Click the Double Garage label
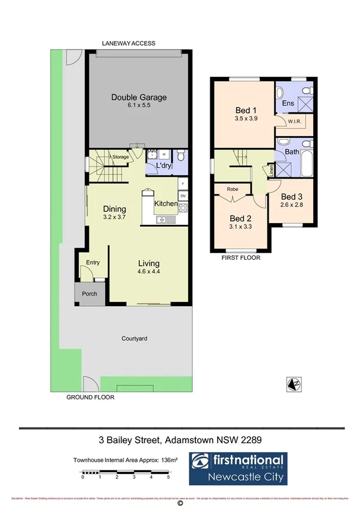pos(139,97)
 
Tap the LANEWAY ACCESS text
pos(129,43)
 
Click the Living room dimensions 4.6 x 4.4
pos(149,271)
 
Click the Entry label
pos(93,262)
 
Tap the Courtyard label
pos(134,339)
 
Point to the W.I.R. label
pos(294,121)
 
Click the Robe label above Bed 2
pos(232,189)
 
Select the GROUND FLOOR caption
pos(90,398)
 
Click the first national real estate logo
pos(238,469)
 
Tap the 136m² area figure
pos(171,460)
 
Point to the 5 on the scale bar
pos(168,477)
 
